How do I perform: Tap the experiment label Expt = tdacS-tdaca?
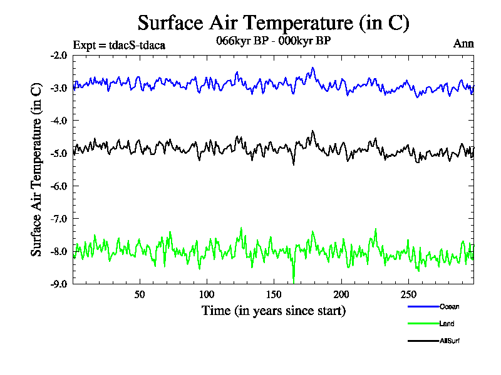(119, 44)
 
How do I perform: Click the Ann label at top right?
(463, 44)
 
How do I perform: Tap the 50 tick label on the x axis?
(140, 294)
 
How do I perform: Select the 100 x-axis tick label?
(207, 294)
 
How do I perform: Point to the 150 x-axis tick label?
(274, 294)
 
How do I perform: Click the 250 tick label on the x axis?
(408, 294)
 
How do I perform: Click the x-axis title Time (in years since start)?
(273, 310)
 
